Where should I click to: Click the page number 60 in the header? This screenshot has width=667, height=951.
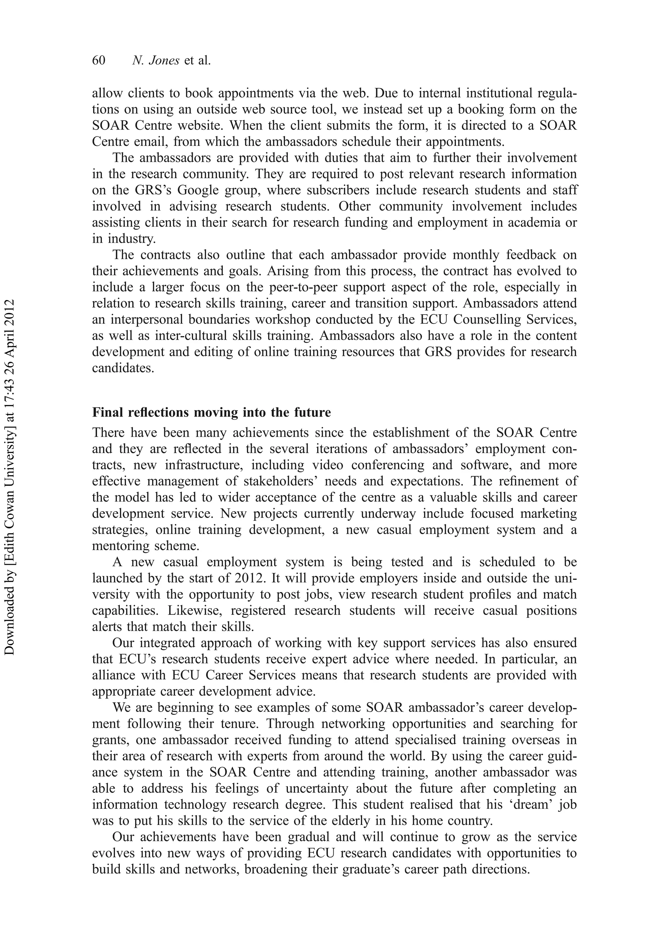(99, 61)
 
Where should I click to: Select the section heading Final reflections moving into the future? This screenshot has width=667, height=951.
(211, 413)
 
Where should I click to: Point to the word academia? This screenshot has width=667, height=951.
(538, 222)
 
